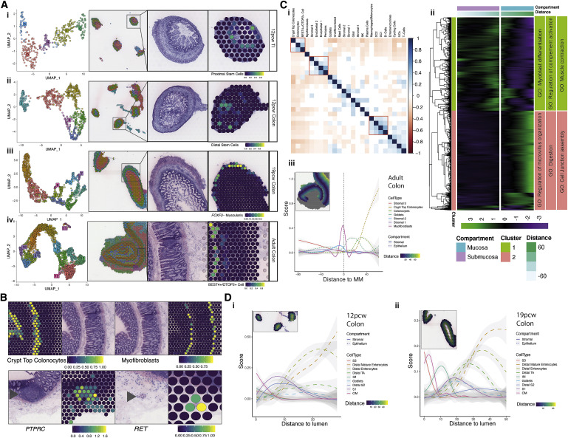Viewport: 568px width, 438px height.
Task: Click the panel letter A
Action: coord(4,5)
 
